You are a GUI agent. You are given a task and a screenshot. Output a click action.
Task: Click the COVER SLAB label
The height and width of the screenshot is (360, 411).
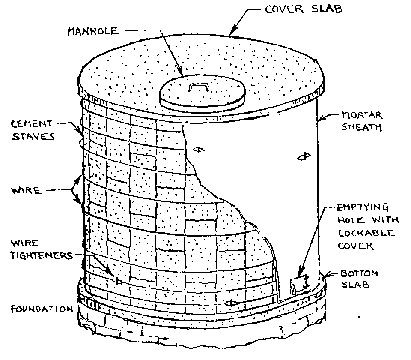[x=304, y=9]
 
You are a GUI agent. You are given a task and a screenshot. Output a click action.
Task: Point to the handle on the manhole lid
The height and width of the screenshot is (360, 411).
[x=198, y=87]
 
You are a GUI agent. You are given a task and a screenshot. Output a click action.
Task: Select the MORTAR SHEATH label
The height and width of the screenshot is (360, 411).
[x=361, y=121]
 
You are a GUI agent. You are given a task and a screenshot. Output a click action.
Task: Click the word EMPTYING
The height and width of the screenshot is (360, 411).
[x=363, y=208]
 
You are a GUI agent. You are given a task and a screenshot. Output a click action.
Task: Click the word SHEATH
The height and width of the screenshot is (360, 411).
[x=362, y=127]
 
